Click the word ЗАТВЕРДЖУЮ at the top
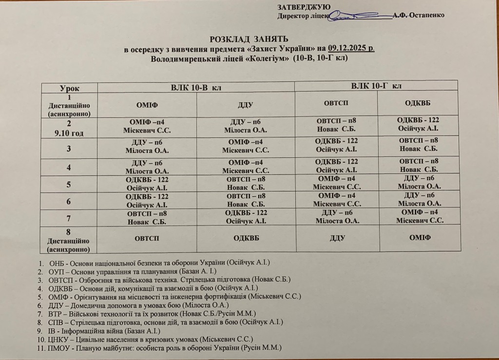coord(304,7)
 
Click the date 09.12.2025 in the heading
coord(350,48)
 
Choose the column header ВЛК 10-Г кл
coord(376,86)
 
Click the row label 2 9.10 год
coord(69,128)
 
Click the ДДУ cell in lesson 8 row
coord(337,239)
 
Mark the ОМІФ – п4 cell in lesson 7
coord(420,216)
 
